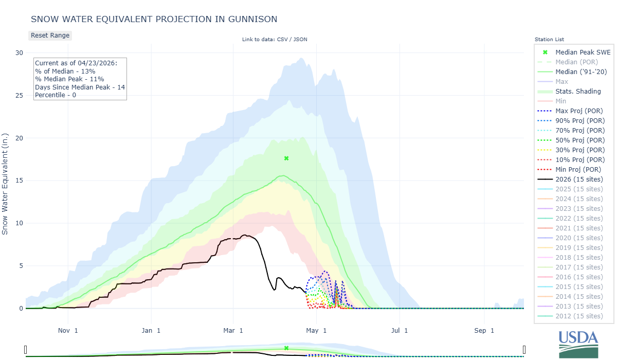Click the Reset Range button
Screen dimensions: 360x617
(50, 35)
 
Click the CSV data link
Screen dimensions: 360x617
(282, 40)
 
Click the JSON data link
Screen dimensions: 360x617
(300, 40)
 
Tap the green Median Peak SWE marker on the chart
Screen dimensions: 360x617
(286, 158)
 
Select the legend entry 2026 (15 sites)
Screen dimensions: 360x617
(579, 179)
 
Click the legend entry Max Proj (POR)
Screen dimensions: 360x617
(579, 111)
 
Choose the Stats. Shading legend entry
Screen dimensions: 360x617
(578, 92)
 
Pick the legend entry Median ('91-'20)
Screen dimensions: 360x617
(581, 72)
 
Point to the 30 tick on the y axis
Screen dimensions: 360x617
(19, 53)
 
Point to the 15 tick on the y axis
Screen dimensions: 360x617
(19, 181)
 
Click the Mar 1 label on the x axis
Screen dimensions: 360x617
(233, 331)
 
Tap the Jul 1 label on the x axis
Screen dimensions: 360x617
(399, 331)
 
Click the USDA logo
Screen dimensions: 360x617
(578, 343)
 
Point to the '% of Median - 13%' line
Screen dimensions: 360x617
(65, 71)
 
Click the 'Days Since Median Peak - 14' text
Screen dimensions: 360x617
(80, 87)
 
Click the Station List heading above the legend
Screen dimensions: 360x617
(549, 40)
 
